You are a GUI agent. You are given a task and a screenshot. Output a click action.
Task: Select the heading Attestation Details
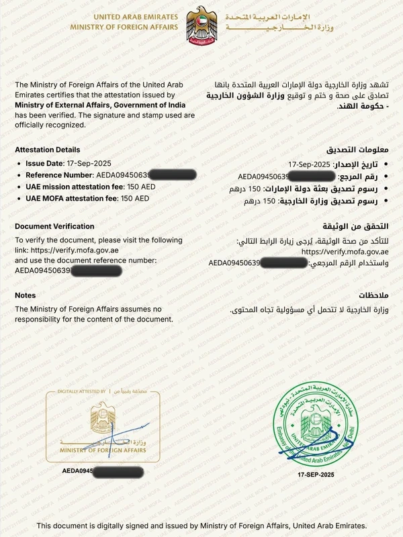[x=47, y=150]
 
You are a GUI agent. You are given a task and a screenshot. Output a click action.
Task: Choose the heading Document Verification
[x=54, y=226]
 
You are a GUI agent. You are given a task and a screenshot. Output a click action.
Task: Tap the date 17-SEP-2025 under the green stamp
[x=316, y=475]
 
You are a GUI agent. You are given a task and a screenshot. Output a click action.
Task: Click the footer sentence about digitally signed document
[x=201, y=526]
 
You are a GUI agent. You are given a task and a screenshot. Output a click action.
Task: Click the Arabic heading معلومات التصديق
[x=363, y=150]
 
